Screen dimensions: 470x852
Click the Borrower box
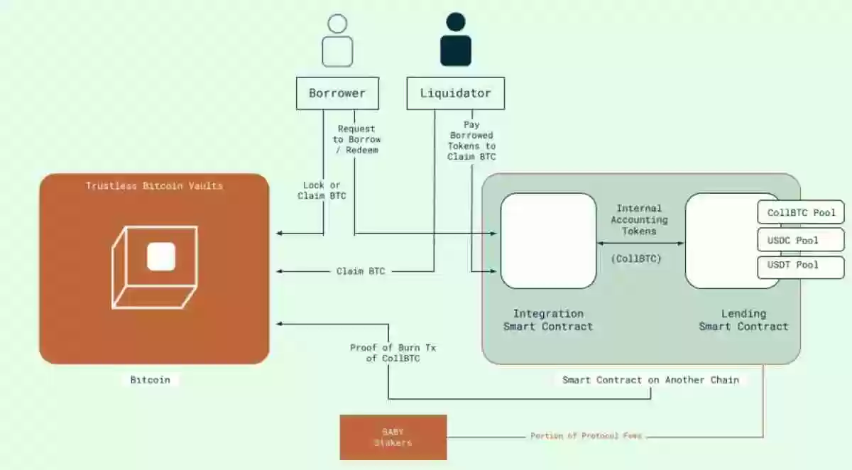tap(337, 93)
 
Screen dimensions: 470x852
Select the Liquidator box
tap(455, 93)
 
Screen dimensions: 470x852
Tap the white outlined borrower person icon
tap(337, 41)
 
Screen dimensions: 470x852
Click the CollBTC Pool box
tap(802, 212)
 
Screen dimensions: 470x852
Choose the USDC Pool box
tap(802, 240)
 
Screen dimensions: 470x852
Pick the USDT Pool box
tap(802, 266)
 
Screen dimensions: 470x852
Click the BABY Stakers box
tap(393, 437)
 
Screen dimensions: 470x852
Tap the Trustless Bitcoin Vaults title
tap(154, 186)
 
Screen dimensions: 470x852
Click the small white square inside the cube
tap(161, 256)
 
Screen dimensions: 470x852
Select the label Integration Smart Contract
tap(548, 319)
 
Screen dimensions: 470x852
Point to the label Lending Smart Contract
tap(743, 319)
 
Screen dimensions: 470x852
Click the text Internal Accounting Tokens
tap(639, 219)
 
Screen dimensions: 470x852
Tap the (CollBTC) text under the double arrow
tap(636, 259)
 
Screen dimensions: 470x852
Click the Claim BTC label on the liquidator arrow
tap(361, 271)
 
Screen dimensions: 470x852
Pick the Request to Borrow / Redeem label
tap(356, 139)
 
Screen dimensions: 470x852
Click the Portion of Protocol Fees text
tap(586, 436)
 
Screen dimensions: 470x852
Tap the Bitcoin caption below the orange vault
tap(150, 380)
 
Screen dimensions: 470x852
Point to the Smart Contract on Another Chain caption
tap(650, 380)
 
